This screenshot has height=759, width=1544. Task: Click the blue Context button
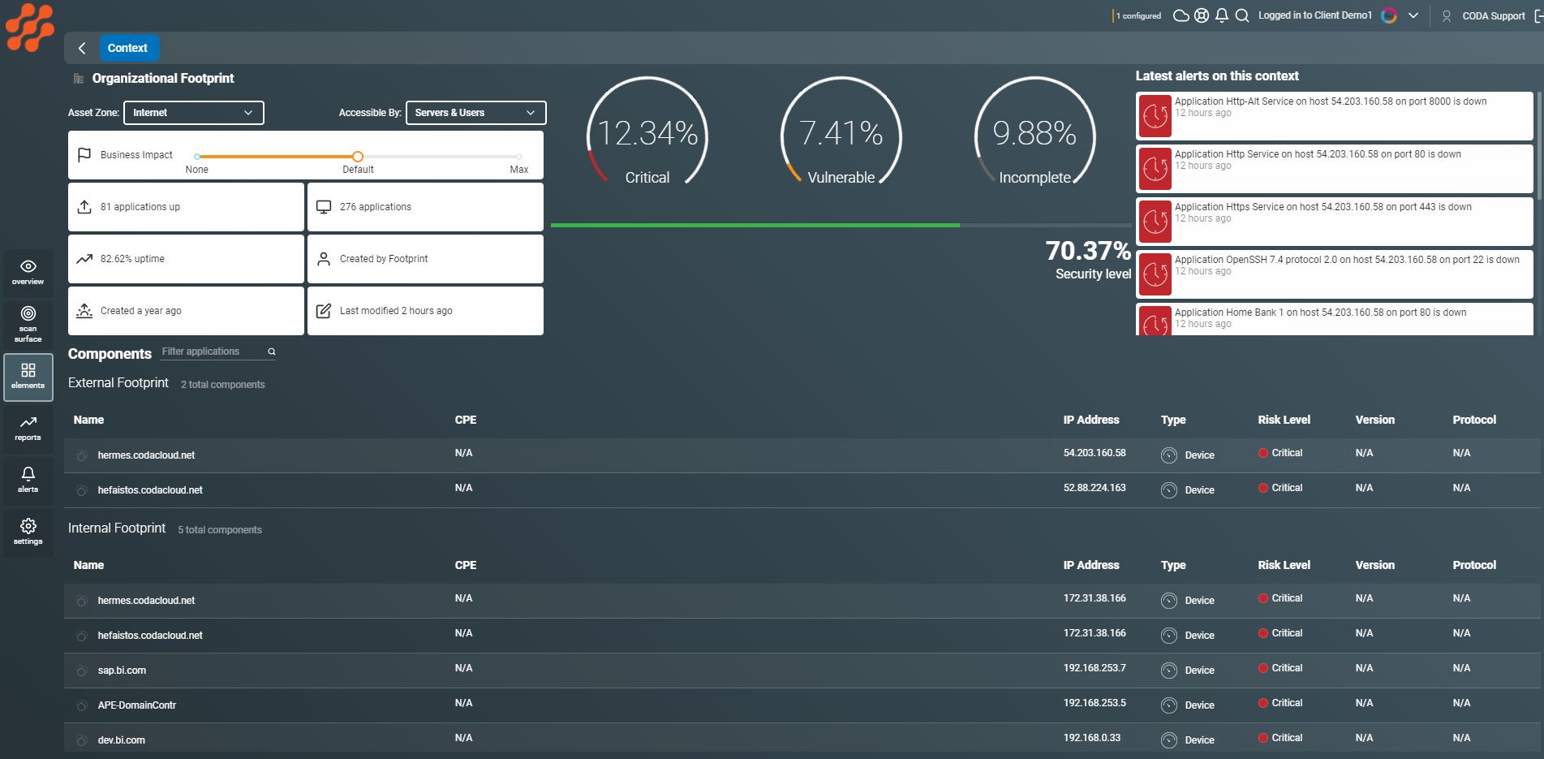coord(128,48)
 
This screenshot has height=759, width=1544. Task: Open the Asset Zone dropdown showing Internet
coord(193,113)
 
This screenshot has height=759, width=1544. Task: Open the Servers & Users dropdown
coord(475,113)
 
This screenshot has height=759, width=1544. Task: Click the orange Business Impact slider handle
coord(358,157)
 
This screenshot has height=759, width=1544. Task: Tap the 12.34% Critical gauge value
coord(647,134)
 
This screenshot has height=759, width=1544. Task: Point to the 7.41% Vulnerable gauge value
coord(841,134)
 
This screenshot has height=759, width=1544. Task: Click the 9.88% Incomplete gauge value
coord(1034,134)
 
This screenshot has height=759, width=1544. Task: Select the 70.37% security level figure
coord(1087,252)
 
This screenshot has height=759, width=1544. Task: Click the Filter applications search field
coord(213,351)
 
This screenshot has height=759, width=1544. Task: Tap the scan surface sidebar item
coord(28,323)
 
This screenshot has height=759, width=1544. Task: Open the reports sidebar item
coord(28,428)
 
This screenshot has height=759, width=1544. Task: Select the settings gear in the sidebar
coord(28,532)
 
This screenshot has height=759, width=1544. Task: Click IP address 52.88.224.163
coord(1095,488)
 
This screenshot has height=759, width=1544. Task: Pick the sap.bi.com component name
coord(122,671)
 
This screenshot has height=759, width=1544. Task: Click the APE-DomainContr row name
coord(136,705)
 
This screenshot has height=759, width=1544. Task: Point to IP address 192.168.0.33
coord(1092,738)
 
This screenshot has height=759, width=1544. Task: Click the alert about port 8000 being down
coord(1331,102)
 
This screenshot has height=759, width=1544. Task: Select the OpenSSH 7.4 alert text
coord(1347,261)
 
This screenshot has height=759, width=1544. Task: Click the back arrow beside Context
coord(82,48)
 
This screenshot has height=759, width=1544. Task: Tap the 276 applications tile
coord(425,207)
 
